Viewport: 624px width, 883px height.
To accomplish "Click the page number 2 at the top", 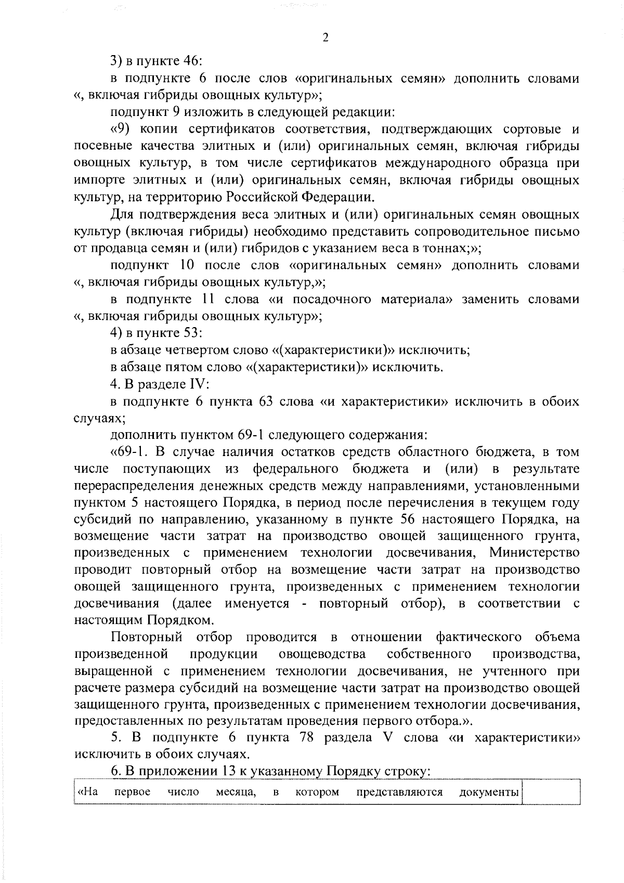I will pos(326,37).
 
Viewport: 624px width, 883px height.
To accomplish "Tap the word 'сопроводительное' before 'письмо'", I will pos(482,231).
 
